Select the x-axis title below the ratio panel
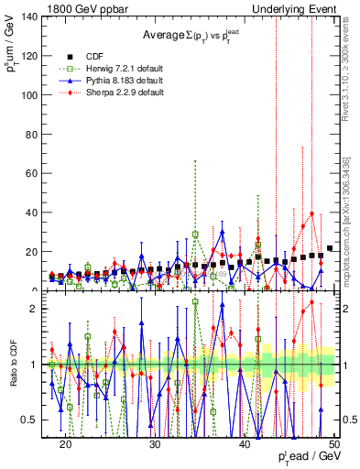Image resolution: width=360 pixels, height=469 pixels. pos(303,459)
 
